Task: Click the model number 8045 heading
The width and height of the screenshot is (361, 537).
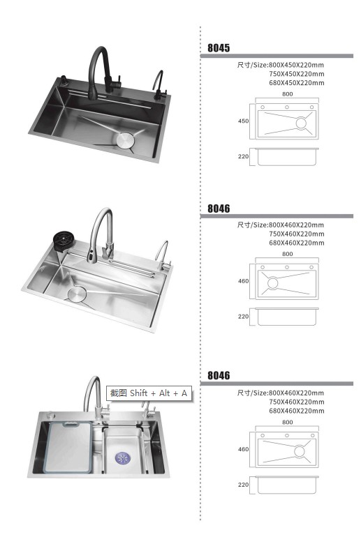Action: (219, 48)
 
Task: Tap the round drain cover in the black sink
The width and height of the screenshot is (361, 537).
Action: (125, 140)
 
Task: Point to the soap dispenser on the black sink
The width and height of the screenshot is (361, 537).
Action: (64, 81)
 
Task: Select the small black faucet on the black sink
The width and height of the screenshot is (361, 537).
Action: (159, 86)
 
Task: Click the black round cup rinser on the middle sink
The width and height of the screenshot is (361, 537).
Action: (64, 240)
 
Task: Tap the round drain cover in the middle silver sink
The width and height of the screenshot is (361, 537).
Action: (77, 294)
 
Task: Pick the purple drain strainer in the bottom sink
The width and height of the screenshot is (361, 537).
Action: (122, 458)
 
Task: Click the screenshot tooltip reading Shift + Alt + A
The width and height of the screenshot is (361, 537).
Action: (149, 393)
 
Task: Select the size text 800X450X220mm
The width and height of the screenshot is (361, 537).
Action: (296, 65)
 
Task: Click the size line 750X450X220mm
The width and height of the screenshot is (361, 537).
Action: (297, 74)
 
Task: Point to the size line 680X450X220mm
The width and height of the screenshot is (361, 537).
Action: (297, 83)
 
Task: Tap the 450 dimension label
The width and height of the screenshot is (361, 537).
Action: (244, 121)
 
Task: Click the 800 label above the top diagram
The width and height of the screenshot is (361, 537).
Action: (287, 94)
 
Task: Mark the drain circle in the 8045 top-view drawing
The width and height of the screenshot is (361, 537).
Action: (301, 123)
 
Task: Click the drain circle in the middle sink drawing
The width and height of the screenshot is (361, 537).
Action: (272, 283)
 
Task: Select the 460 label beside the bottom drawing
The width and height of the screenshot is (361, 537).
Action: (244, 449)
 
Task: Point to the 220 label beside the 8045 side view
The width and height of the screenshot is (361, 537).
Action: (244, 156)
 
